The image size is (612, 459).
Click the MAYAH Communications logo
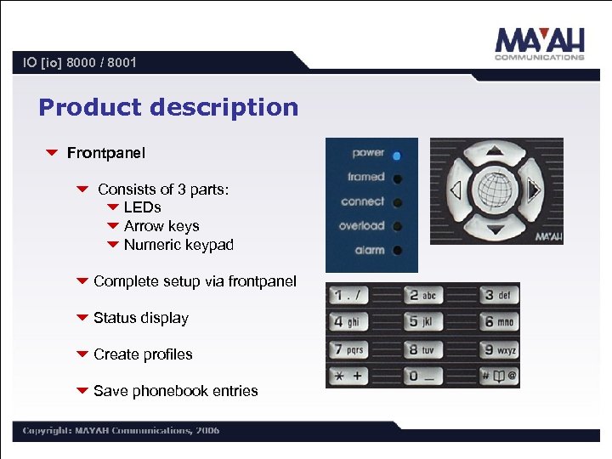[540, 43]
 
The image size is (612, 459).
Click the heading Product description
[168, 108]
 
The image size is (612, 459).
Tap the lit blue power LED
[397, 155]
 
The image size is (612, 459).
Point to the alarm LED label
[369, 251]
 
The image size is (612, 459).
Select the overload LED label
[361, 226]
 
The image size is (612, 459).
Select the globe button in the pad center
[496, 190]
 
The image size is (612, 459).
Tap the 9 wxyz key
[499, 348]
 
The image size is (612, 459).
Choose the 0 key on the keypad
[422, 375]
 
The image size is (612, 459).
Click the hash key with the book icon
[499, 375]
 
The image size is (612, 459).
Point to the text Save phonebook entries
[175, 391]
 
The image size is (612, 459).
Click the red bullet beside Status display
[82, 318]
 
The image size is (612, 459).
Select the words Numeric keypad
[178, 245]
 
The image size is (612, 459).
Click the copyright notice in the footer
[121, 430]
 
